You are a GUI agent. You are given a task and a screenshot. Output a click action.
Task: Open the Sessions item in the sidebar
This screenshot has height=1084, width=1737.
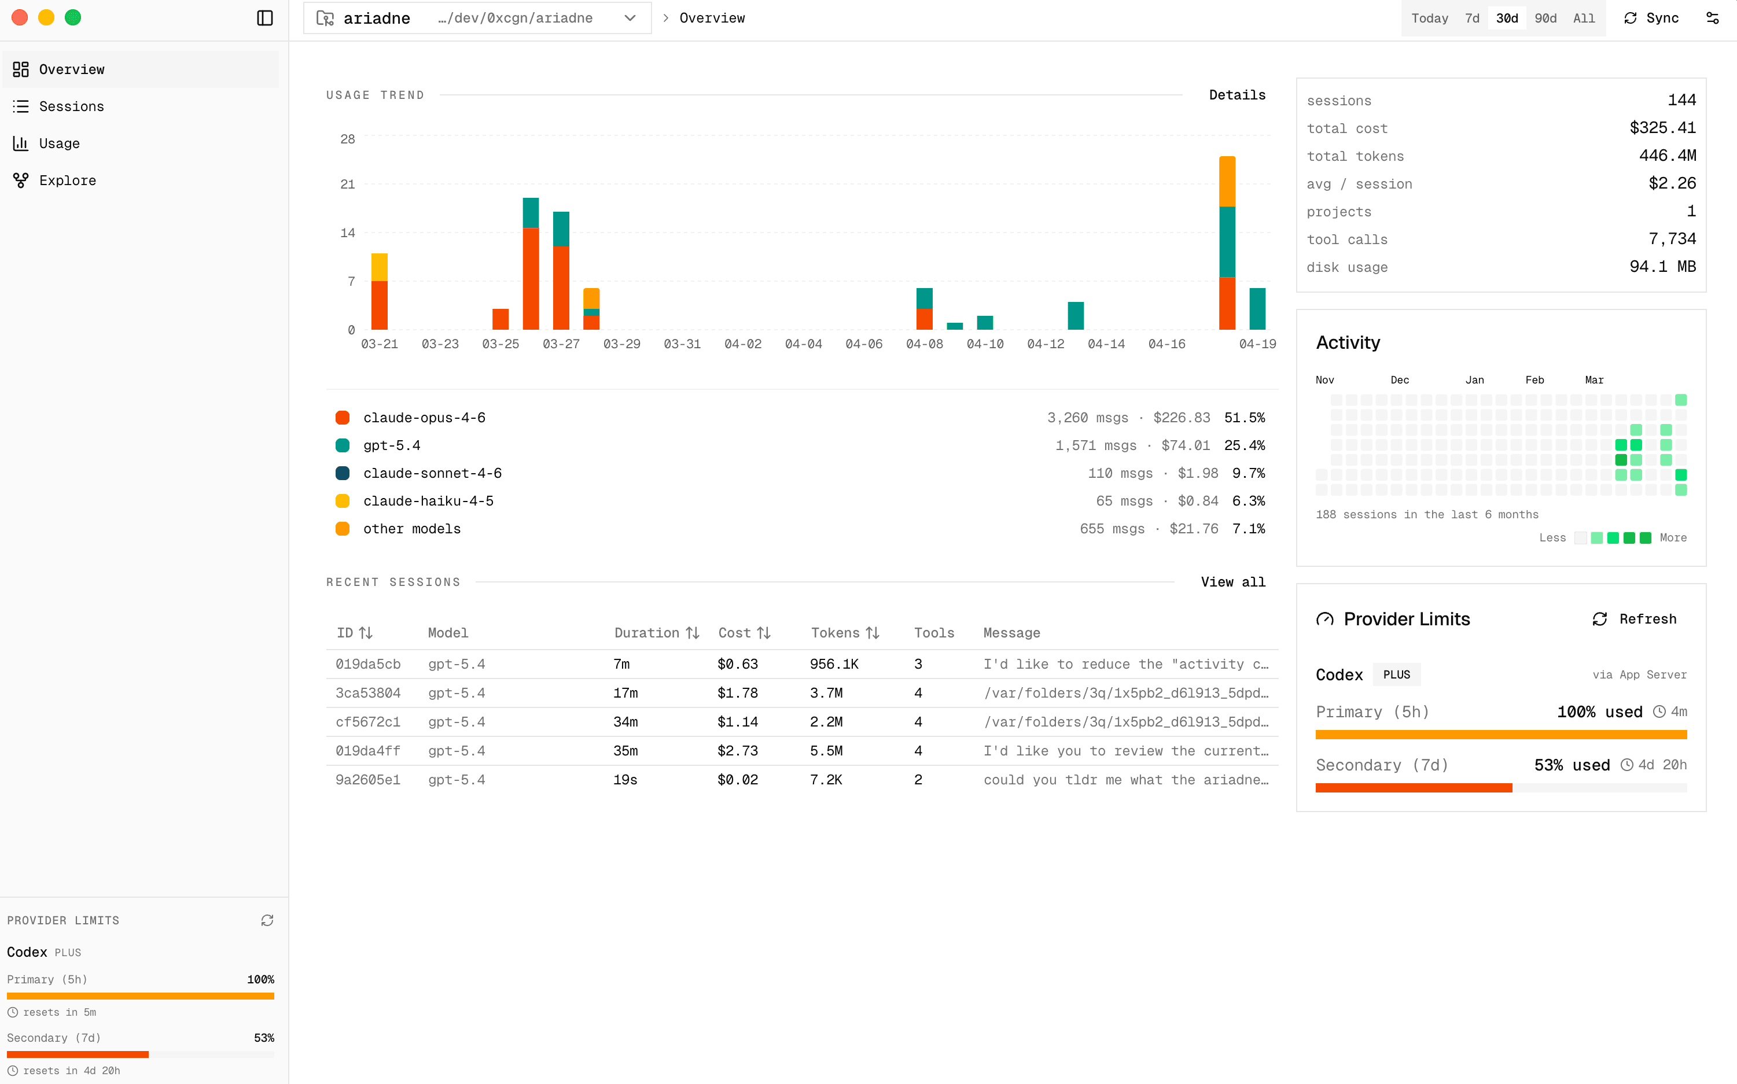point(71,106)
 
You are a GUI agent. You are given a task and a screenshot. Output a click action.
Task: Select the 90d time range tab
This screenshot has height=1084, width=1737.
point(1545,18)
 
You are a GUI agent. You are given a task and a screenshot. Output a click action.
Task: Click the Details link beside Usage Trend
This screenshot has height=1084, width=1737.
point(1236,95)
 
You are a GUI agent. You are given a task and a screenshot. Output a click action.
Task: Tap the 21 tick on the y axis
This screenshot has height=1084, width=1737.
point(347,185)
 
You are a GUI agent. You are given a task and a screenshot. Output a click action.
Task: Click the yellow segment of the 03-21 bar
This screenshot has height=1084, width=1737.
point(380,267)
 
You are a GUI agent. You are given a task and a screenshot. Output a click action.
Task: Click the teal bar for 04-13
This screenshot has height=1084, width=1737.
point(1075,315)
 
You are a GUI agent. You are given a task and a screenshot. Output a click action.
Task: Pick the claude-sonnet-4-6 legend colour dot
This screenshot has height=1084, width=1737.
point(342,473)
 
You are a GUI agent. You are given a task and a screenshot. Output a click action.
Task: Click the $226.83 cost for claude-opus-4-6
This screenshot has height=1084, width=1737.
point(1180,417)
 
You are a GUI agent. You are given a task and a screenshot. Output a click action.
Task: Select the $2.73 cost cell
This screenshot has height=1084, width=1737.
point(737,751)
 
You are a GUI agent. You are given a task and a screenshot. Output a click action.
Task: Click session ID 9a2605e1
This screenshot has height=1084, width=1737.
point(367,779)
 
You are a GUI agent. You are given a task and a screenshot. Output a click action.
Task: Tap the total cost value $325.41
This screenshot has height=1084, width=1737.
point(1662,128)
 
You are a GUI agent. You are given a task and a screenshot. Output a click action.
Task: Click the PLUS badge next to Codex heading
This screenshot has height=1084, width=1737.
point(1396,674)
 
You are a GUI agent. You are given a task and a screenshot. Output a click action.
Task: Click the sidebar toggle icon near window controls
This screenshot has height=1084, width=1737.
point(264,18)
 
